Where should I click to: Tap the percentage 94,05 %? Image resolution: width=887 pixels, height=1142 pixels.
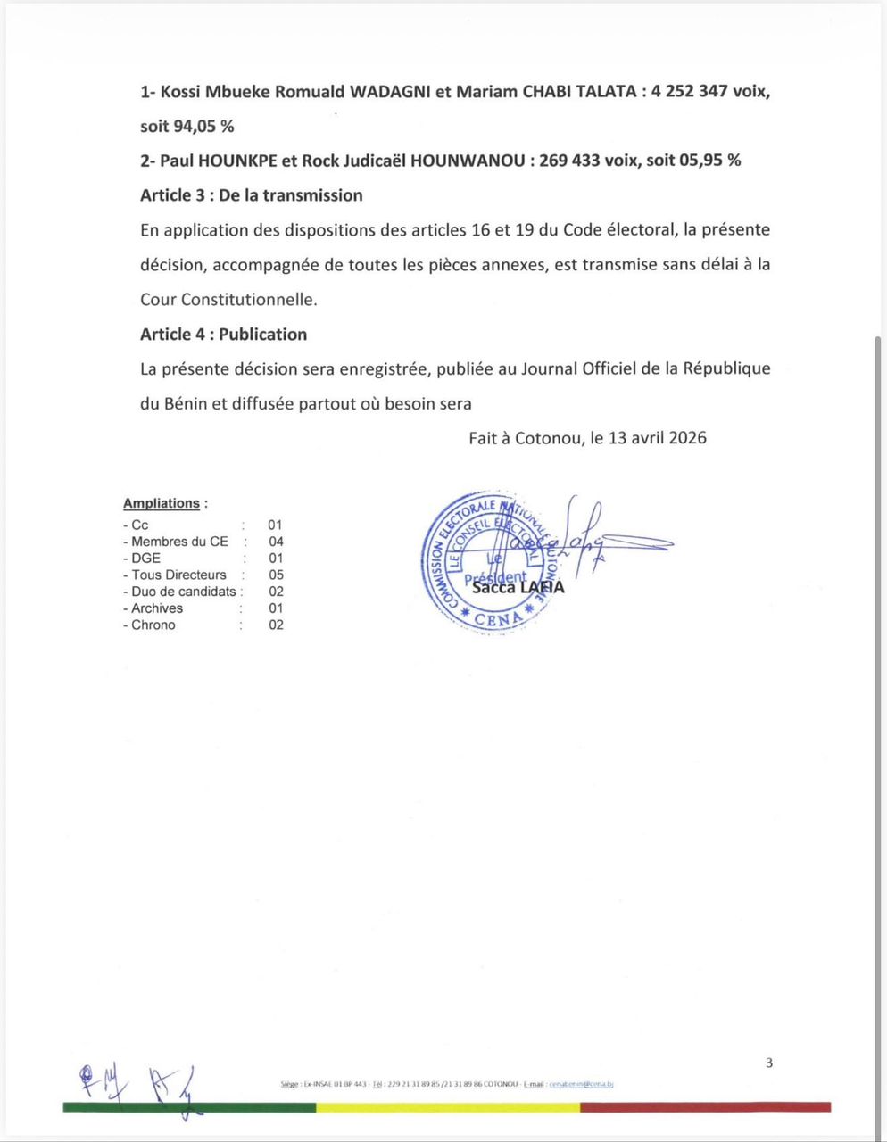(203, 126)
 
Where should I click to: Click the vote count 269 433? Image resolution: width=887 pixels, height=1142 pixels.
(569, 161)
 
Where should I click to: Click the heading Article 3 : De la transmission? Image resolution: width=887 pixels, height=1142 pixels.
(251, 195)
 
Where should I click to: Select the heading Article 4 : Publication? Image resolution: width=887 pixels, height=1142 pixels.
(223, 335)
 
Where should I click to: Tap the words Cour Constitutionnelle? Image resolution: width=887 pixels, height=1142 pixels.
(228, 300)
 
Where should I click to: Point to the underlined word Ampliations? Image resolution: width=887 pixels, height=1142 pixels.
(162, 503)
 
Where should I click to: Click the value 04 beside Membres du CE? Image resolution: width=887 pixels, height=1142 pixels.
(276, 542)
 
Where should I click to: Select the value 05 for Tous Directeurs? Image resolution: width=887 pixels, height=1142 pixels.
(276, 575)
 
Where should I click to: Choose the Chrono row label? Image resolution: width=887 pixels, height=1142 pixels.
(153, 625)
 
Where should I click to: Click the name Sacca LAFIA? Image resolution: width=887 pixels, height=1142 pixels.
(518, 587)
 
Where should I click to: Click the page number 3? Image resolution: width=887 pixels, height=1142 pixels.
(769, 1063)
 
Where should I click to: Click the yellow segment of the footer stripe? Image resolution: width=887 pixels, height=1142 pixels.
(448, 1107)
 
